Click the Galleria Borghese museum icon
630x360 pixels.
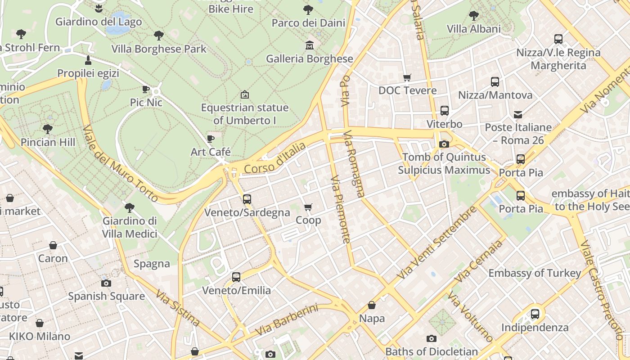(x=310, y=45)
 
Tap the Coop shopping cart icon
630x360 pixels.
(x=308, y=207)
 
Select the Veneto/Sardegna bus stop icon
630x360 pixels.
(x=247, y=199)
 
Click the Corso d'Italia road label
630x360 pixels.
(x=275, y=158)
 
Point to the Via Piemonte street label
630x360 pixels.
(x=341, y=209)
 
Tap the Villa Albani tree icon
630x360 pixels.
(x=474, y=16)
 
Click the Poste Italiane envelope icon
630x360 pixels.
(x=518, y=114)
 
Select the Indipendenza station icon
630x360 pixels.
(x=535, y=314)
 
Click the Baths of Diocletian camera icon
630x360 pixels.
(x=431, y=338)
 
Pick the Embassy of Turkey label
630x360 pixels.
(x=535, y=273)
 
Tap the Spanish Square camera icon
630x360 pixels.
(x=106, y=283)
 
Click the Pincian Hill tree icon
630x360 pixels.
(x=48, y=129)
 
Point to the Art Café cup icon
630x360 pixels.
(x=210, y=139)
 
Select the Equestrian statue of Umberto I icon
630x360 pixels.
(x=244, y=94)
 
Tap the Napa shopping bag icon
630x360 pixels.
(x=372, y=306)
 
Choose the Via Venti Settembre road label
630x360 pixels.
(x=436, y=243)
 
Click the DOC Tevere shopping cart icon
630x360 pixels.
(x=407, y=77)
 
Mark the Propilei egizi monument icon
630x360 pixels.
(x=88, y=60)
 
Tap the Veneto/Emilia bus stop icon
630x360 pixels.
(x=236, y=277)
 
